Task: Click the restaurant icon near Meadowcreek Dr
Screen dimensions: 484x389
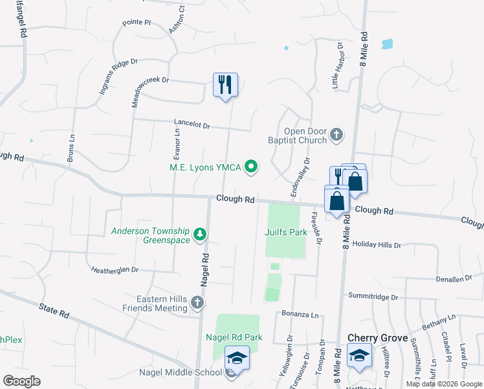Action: [x=225, y=86]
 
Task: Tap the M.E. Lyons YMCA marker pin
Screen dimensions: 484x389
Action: [x=251, y=168]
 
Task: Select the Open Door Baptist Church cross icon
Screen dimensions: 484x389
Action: [x=336, y=134]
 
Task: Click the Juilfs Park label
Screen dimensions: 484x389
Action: [x=285, y=231]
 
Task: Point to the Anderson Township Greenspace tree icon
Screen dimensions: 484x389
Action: [x=201, y=233]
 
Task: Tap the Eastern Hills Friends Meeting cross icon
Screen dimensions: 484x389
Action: [x=198, y=302]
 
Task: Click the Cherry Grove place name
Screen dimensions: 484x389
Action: [x=378, y=338]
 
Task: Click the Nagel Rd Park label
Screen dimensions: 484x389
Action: [x=234, y=337]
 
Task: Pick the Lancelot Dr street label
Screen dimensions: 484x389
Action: [x=192, y=123]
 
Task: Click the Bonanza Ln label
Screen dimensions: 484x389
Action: [x=300, y=314]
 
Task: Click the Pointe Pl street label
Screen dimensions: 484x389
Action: [x=136, y=23]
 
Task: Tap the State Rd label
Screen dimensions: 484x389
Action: [x=54, y=312]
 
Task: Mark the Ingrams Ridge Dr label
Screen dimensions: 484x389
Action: [x=118, y=77]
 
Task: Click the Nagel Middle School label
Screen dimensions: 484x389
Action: [x=180, y=371]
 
